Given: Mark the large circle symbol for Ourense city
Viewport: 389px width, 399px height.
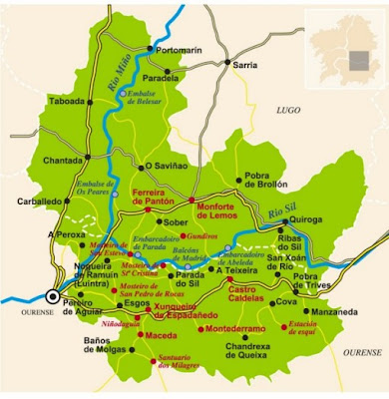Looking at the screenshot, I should (51, 295).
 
